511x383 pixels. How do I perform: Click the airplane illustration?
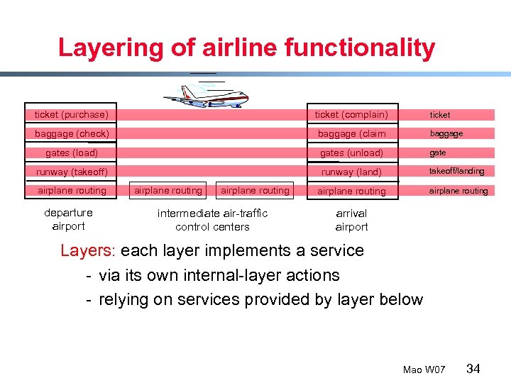click(206, 93)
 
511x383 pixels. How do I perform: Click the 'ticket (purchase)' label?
click(72, 115)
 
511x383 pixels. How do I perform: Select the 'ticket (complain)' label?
click(351, 115)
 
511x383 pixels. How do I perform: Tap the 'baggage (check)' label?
click(72, 134)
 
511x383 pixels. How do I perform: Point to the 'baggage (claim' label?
click(351, 134)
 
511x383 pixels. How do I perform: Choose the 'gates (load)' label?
click(72, 153)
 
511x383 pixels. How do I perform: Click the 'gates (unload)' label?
click(351, 153)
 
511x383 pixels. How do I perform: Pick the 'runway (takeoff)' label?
click(72, 172)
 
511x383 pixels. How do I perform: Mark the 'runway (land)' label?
click(351, 172)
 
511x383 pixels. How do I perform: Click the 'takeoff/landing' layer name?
click(456, 171)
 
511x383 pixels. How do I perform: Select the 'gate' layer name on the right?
click(438, 152)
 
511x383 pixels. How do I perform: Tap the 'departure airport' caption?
click(68, 220)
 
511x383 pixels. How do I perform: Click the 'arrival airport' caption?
click(351, 220)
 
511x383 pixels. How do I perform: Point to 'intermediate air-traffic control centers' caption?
click(212, 220)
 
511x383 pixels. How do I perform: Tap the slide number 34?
click(473, 368)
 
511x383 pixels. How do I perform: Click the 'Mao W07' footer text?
click(424, 370)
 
